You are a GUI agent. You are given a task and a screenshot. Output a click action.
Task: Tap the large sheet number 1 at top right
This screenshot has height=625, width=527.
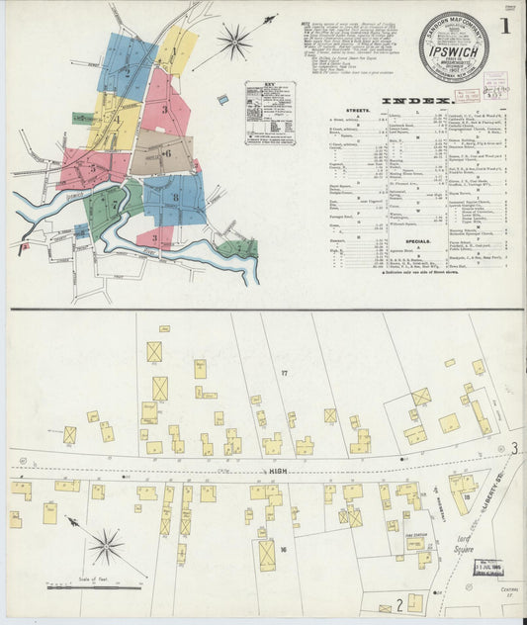tap(504, 27)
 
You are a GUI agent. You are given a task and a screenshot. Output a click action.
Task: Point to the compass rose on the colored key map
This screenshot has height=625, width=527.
tap(235, 42)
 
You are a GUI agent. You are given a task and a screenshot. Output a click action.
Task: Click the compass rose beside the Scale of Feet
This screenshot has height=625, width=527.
tap(106, 544)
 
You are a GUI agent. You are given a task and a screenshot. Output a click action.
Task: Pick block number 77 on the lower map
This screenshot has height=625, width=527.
tap(284, 372)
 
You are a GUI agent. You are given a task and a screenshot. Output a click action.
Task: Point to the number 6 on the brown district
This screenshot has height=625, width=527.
tap(168, 153)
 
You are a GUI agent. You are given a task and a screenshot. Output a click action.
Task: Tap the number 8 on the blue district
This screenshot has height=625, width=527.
tap(176, 198)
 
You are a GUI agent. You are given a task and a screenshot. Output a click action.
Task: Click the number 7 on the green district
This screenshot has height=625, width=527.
tap(115, 205)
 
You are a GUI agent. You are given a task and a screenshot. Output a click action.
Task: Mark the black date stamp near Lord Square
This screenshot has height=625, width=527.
tap(488, 568)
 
